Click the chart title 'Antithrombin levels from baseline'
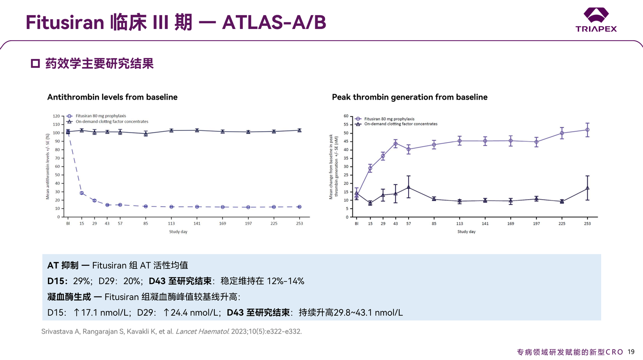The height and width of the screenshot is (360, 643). point(112,97)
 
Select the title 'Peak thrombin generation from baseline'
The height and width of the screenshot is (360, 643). point(409,97)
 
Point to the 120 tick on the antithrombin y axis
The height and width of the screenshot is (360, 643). point(57,116)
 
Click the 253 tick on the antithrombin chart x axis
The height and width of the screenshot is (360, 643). point(299,223)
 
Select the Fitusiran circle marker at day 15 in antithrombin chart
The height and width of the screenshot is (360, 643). point(82,193)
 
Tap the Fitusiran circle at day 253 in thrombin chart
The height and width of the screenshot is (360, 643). point(587,130)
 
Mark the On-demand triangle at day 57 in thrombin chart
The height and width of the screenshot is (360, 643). point(409,187)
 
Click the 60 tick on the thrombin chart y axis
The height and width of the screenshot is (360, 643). point(346,116)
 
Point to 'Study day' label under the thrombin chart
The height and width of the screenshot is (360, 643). point(466,232)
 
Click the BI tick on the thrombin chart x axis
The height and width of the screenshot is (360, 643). point(356,223)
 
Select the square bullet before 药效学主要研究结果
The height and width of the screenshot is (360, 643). point(35,64)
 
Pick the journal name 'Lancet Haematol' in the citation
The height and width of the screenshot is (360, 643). point(201,332)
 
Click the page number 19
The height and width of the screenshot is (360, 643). point(631,352)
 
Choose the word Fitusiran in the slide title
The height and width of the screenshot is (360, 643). point(65,22)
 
